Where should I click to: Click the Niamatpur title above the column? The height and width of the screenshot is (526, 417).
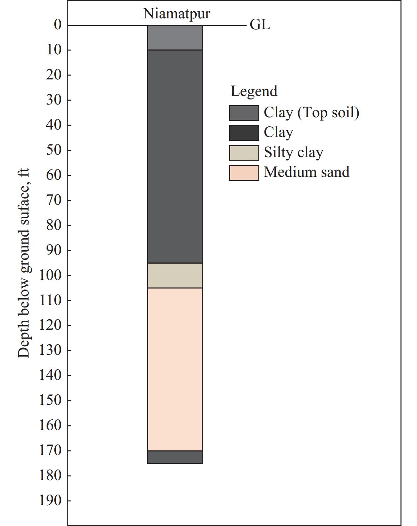177,13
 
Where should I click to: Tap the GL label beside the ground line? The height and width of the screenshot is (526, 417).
260,25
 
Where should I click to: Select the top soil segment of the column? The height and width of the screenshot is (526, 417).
175,37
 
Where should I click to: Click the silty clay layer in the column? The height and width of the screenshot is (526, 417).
175,275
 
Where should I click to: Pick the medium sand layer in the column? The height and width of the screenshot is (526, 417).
175,369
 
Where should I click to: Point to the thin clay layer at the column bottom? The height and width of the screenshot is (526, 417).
175,457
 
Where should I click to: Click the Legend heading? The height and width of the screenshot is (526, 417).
254,91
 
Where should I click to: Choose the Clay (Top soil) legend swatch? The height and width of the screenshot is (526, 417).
244,113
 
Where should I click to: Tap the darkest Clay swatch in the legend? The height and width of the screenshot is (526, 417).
244,133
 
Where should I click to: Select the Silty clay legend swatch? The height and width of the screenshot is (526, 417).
244,153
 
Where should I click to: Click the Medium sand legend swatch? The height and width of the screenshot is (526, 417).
244,173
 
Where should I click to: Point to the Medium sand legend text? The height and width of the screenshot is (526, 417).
306,172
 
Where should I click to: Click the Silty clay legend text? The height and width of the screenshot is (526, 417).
293,153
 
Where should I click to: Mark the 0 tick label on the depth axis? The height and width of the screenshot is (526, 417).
58,25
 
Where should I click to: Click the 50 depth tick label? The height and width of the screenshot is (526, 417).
54,150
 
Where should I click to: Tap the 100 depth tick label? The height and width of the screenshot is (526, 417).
50,275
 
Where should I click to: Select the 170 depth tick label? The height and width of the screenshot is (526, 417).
50,450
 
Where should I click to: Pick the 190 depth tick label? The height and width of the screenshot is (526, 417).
50,501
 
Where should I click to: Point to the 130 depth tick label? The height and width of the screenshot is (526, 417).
50,350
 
